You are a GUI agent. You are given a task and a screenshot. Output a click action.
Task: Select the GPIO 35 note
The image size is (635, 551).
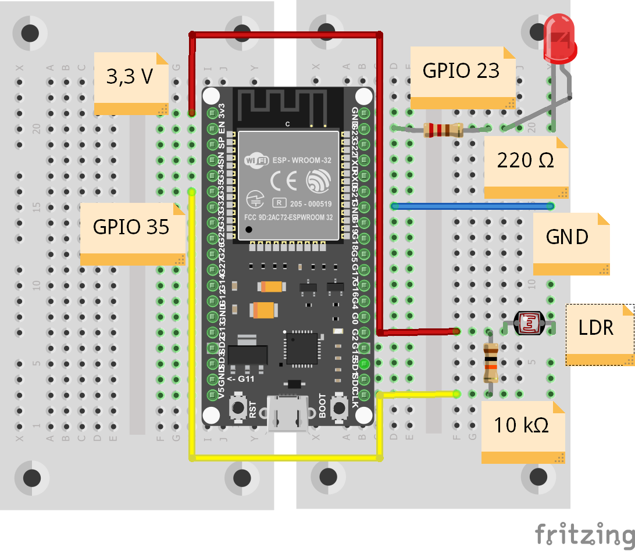pos(131,232)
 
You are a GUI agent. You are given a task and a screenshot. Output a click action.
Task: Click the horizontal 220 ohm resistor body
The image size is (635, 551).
pos(443,130)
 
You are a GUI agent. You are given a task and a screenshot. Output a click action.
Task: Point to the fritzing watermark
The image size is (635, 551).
pos(584,534)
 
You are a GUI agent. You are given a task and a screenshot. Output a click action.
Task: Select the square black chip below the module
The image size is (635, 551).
pos(301,348)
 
